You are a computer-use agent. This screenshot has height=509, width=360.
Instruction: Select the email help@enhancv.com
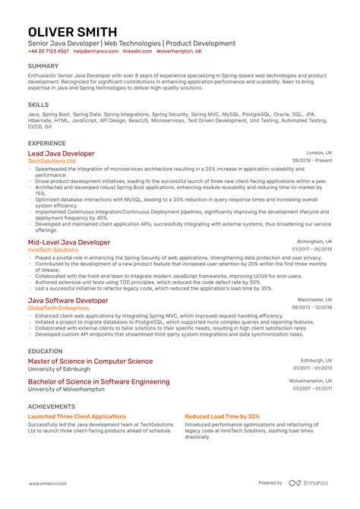[90, 52]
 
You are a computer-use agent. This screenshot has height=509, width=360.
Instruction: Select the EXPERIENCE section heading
[46, 143]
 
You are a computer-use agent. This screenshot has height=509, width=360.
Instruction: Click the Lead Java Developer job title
[62, 153]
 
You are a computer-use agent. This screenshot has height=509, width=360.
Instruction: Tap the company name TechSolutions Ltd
[52, 161]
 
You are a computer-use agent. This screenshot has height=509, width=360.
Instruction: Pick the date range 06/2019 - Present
[311, 161]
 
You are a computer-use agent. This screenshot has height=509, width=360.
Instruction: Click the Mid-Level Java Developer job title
[69, 242]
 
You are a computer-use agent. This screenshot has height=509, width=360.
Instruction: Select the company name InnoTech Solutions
[53, 249]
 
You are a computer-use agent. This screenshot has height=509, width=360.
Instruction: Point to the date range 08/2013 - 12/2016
[311, 308]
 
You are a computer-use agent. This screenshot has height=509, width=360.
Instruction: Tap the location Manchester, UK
[314, 300]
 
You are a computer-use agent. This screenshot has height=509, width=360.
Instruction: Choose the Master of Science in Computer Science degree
[90, 362]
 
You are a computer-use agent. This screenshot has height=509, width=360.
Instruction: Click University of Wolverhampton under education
[67, 388]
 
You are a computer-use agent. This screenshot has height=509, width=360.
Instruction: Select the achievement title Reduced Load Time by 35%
[222, 416]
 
